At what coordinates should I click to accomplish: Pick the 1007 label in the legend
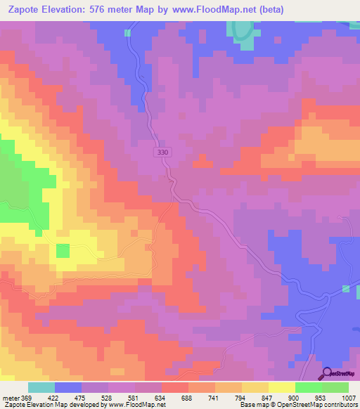(348, 398)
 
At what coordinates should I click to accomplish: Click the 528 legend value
(108, 398)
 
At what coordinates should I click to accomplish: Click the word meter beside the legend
(10, 398)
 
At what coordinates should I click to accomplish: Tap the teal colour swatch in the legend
(41, 387)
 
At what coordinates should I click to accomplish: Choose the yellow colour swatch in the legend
(281, 387)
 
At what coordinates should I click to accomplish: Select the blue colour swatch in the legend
(67, 387)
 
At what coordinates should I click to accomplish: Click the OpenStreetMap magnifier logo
(327, 373)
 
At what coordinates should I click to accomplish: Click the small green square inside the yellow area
(63, 251)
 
